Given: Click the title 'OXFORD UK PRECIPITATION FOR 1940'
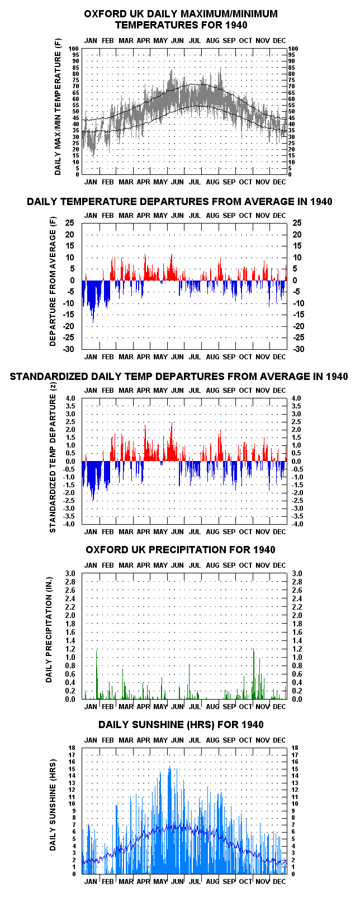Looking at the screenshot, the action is pyautogui.click(x=180, y=550).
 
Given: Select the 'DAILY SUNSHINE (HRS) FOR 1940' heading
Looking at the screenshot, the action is pyautogui.click(x=181, y=725).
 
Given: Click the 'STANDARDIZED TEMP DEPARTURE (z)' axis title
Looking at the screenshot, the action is pyautogui.click(x=53, y=457).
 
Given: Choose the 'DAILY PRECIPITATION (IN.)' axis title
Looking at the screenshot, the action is pyautogui.click(x=49, y=636).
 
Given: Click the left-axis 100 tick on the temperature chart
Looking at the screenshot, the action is pyautogui.click(x=73, y=49).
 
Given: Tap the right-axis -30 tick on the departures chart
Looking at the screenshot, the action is pyautogui.click(x=299, y=349).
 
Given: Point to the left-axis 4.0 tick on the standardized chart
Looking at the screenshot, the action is pyautogui.click(x=70, y=398).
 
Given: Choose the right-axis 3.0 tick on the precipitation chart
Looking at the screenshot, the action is pyautogui.click(x=297, y=574).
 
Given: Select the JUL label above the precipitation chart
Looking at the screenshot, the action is pyautogui.click(x=195, y=565).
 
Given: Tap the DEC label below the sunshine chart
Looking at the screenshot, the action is pyautogui.click(x=279, y=882).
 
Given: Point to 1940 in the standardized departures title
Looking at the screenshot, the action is pyautogui.click(x=337, y=377).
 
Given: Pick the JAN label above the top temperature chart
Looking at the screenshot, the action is pyautogui.click(x=91, y=40).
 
